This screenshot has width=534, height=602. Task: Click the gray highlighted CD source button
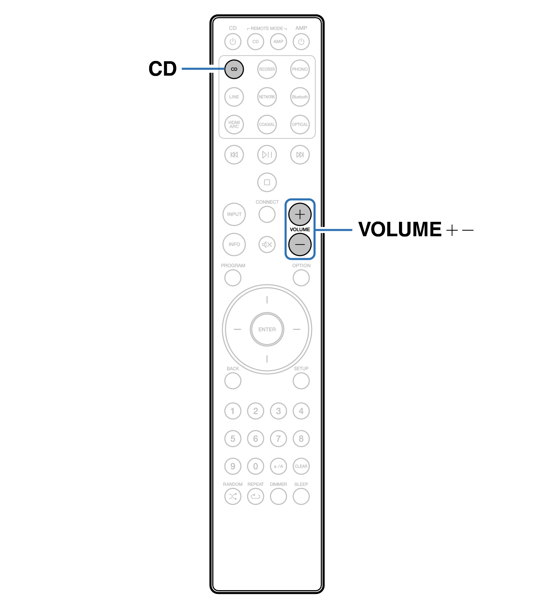[234, 69]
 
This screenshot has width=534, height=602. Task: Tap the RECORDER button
[267, 69]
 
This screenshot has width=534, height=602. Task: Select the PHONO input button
[300, 69]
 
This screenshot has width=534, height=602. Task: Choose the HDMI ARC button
[234, 124]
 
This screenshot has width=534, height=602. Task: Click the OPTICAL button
[300, 124]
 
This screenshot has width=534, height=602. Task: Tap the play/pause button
[267, 155]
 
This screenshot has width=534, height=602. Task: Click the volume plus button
[300, 214]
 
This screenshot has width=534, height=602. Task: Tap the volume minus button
[300, 245]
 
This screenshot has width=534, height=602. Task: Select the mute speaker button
[267, 245]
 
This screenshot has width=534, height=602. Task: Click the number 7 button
[278, 439]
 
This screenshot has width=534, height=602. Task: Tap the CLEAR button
[301, 466]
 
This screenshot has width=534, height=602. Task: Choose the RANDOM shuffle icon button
[233, 497]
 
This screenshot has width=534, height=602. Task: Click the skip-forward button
[300, 155]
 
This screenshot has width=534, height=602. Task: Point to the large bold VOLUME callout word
[400, 230]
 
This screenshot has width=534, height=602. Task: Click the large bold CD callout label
[163, 69]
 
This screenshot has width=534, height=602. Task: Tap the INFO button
[234, 245]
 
